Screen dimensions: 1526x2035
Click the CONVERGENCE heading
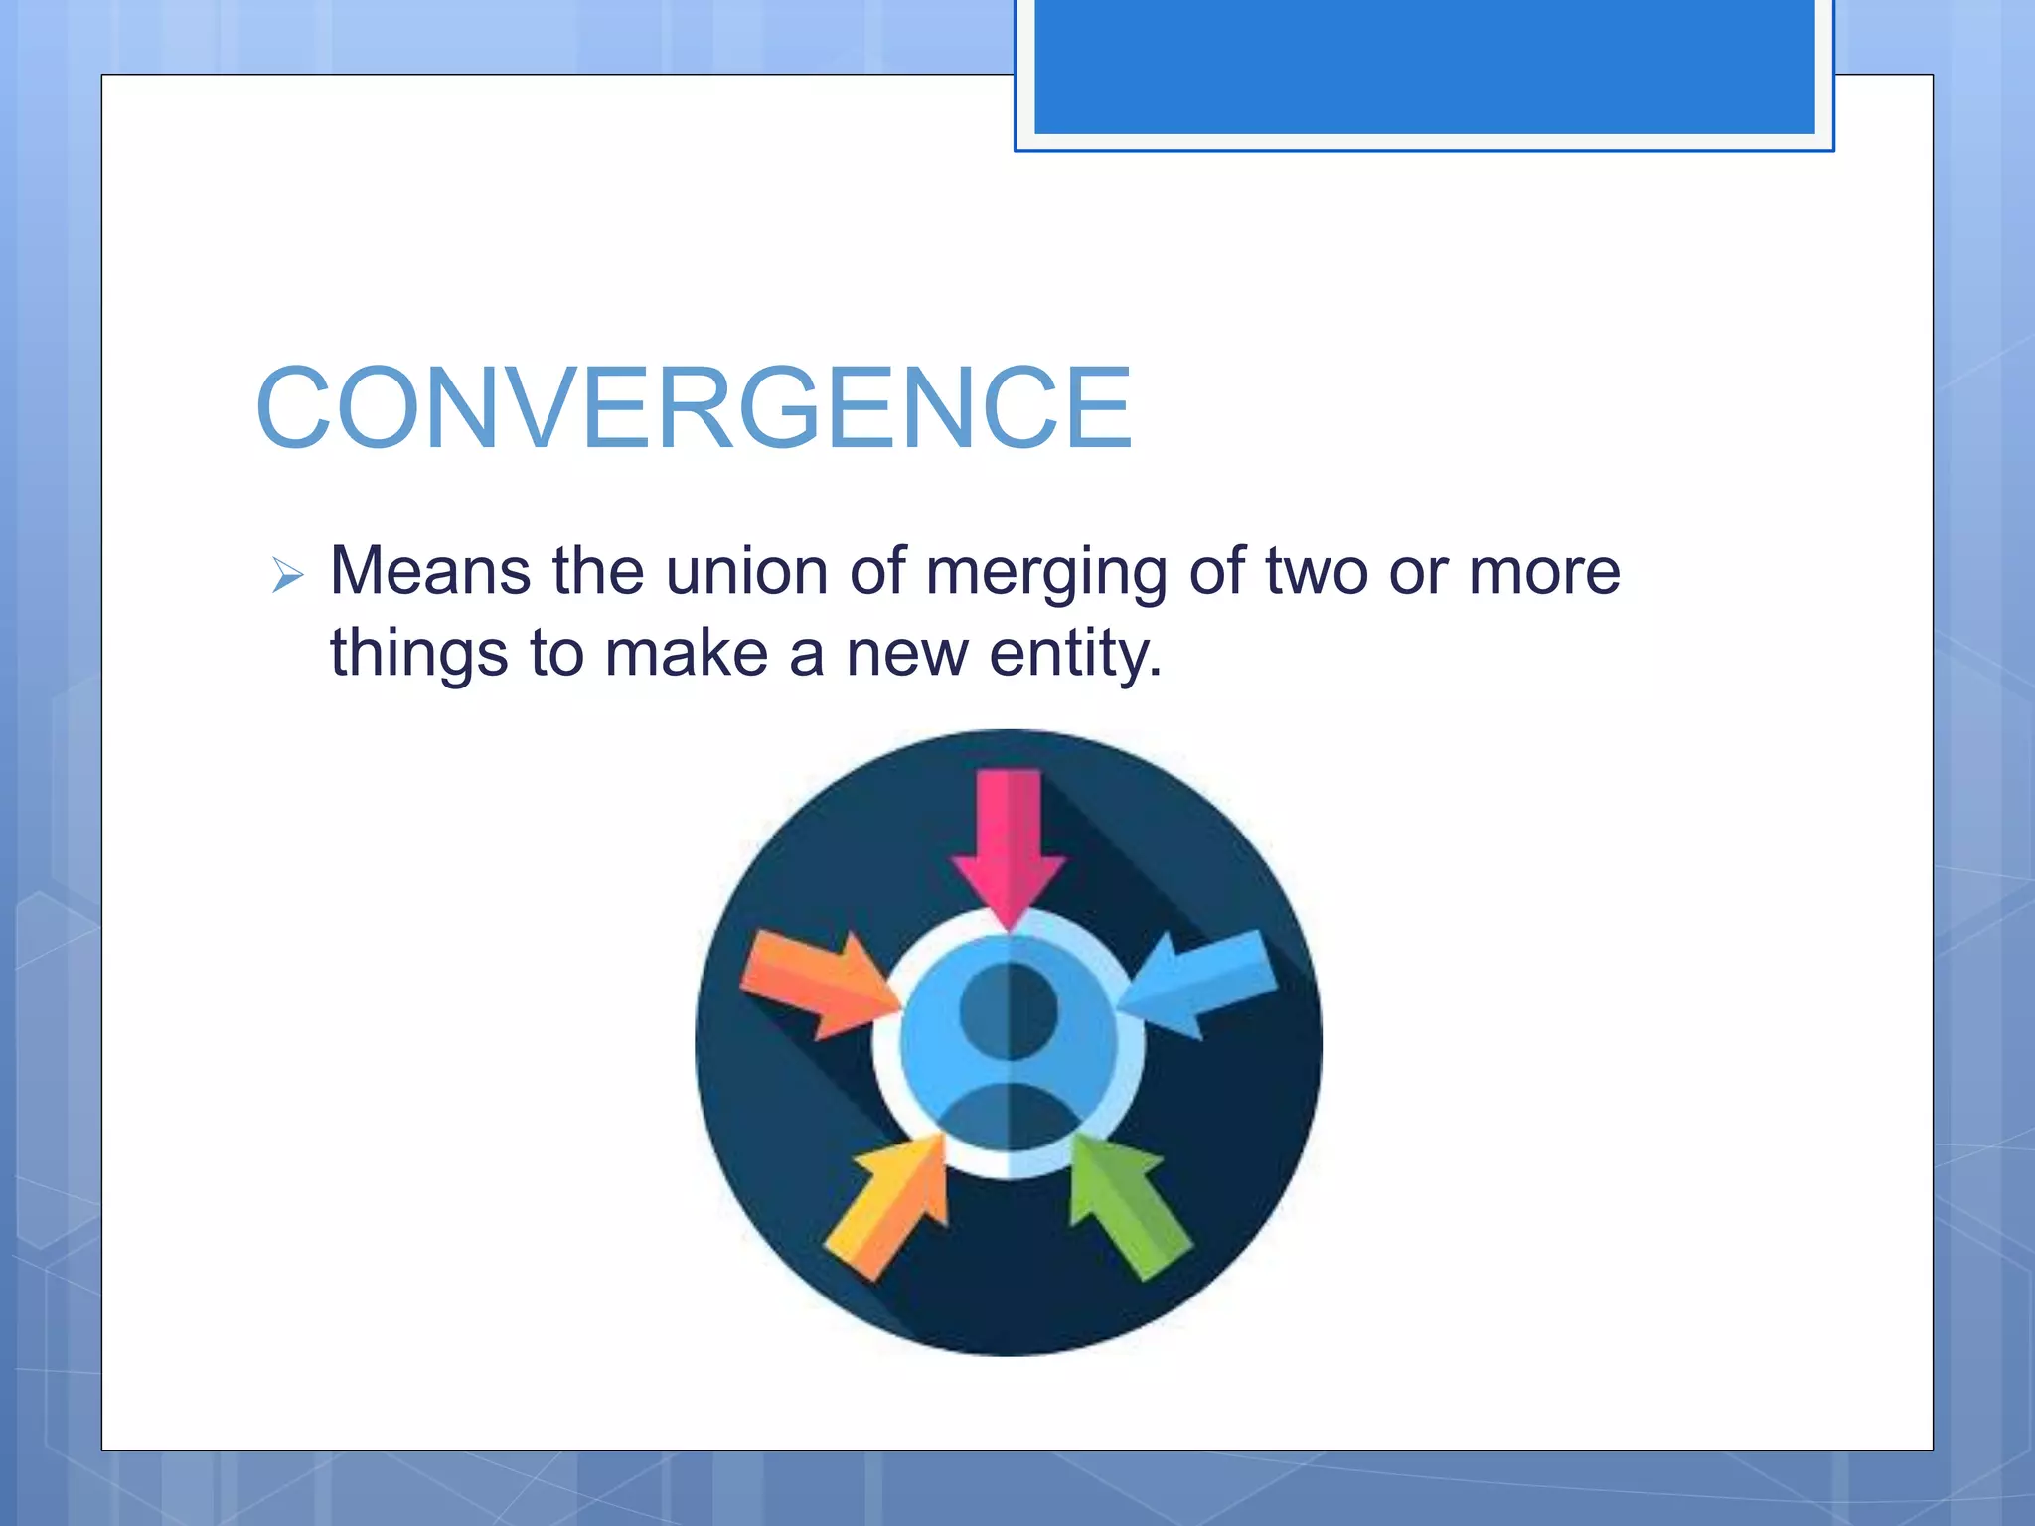[x=694, y=408]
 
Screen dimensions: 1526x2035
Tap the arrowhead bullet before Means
[x=287, y=575]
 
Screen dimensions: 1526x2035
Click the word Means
[x=429, y=572]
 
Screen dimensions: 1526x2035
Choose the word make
[x=687, y=654]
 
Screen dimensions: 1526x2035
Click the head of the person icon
[x=1009, y=1011]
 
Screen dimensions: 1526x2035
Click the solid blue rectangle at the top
[x=1424, y=66]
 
